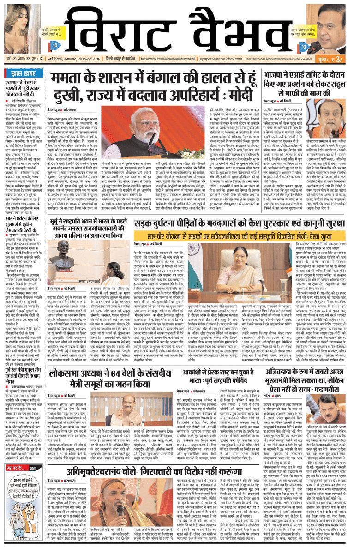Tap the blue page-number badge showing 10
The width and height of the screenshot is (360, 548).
click(54, 46)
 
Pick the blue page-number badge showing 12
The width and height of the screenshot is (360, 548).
click(304, 47)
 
